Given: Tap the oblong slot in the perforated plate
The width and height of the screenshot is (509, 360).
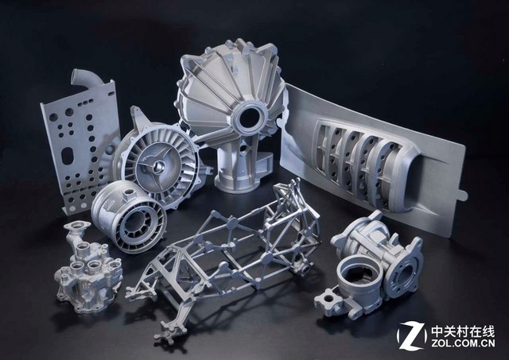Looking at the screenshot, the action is tap(68, 156).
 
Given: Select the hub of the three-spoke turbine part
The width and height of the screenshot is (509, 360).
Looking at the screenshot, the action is tap(158, 165).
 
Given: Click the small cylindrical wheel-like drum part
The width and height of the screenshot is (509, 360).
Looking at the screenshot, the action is tap(129, 216).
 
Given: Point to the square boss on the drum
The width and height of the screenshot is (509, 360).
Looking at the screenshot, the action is tap(129, 195).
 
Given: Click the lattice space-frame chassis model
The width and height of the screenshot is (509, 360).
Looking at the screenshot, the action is tap(224, 259).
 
